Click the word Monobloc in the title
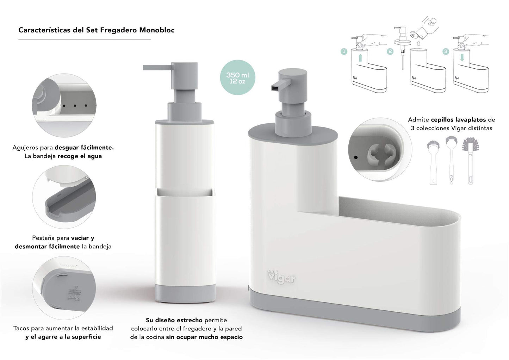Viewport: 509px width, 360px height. (x=157, y=30)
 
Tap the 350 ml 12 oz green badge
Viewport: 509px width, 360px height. (x=237, y=78)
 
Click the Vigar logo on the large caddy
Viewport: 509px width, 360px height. (x=281, y=277)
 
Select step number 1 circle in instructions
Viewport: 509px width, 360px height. (x=344, y=51)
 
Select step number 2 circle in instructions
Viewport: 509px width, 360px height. (x=390, y=51)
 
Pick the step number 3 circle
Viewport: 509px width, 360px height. (x=446, y=51)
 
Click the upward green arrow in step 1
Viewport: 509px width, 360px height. (x=360, y=57)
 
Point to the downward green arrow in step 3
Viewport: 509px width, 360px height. (x=462, y=57)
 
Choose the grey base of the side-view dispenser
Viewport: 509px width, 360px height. (x=185, y=293)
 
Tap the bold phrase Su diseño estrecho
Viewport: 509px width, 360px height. (x=174, y=320)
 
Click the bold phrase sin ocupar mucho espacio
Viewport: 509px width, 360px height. (x=204, y=337)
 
